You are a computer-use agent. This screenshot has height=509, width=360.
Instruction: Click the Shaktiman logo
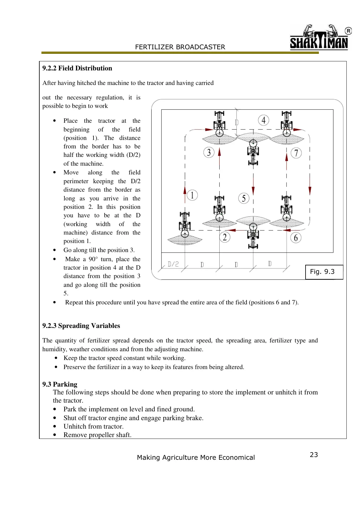(x=319, y=37)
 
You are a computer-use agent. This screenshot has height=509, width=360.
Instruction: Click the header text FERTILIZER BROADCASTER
(x=180, y=47)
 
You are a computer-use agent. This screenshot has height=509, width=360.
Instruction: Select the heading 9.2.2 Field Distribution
(x=77, y=68)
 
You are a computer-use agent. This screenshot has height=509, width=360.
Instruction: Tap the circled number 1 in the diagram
(x=192, y=195)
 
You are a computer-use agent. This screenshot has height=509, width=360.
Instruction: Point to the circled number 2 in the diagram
(x=224, y=237)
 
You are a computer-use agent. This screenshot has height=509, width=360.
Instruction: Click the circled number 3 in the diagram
(x=209, y=152)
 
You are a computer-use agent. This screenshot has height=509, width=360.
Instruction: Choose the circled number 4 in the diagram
(x=263, y=120)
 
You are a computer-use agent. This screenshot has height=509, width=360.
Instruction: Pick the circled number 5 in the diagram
(x=244, y=198)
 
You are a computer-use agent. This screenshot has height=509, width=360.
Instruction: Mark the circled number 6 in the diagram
(x=296, y=238)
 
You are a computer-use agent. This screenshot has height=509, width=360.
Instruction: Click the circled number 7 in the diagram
(x=296, y=153)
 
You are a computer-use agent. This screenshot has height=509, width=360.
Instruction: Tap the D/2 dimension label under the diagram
(x=173, y=264)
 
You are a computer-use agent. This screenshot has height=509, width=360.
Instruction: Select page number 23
(x=314, y=455)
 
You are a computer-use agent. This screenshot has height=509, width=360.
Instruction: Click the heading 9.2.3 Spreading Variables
(x=81, y=326)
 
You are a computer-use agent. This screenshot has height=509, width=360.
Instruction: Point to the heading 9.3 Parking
(x=60, y=384)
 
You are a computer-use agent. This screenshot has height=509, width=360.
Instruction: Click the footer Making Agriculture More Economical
(x=196, y=458)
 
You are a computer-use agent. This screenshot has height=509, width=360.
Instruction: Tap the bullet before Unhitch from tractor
(x=55, y=426)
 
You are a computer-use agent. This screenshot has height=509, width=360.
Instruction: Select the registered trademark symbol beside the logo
(x=348, y=31)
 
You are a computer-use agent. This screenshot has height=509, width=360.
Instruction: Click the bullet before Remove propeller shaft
(x=55, y=435)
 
